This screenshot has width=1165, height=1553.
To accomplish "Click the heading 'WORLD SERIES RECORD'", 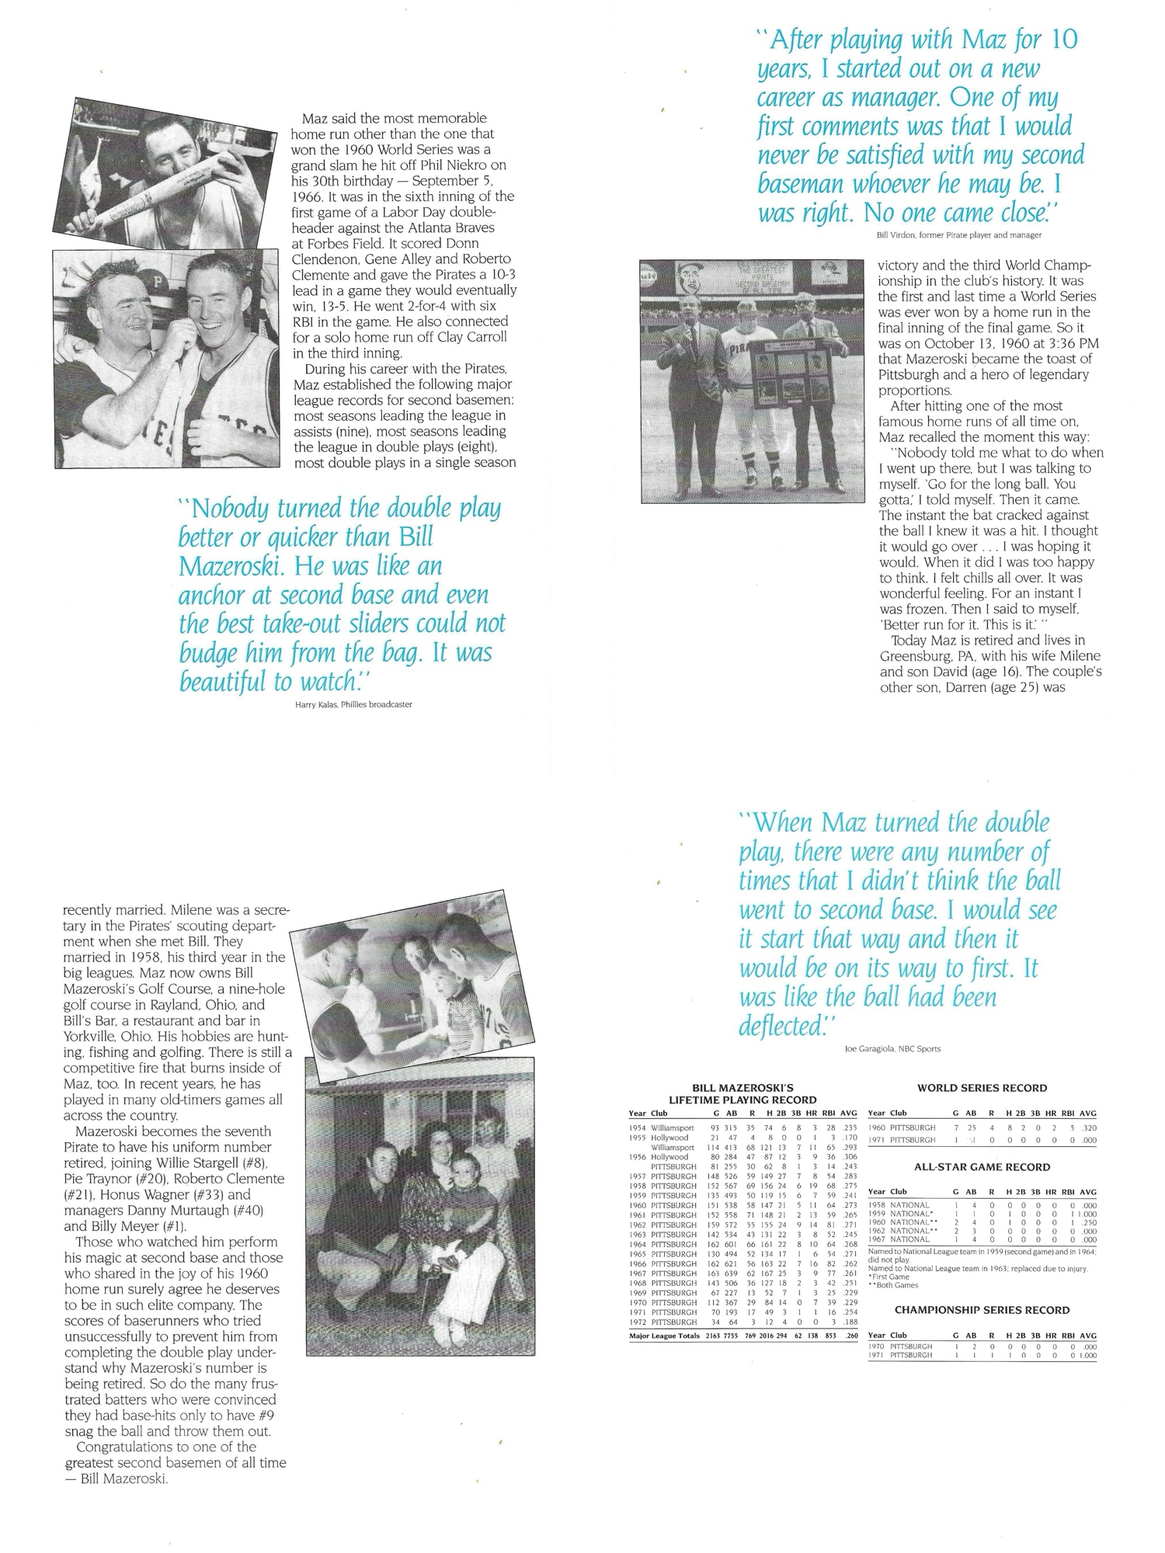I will [982, 1088].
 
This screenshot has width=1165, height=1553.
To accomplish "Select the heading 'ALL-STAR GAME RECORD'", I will [982, 1167].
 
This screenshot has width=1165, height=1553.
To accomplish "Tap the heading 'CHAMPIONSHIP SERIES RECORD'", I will [982, 1310].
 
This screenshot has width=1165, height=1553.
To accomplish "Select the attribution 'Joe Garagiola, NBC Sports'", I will [892, 1049].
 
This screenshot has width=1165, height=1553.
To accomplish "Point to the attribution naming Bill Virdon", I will [952, 234].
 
